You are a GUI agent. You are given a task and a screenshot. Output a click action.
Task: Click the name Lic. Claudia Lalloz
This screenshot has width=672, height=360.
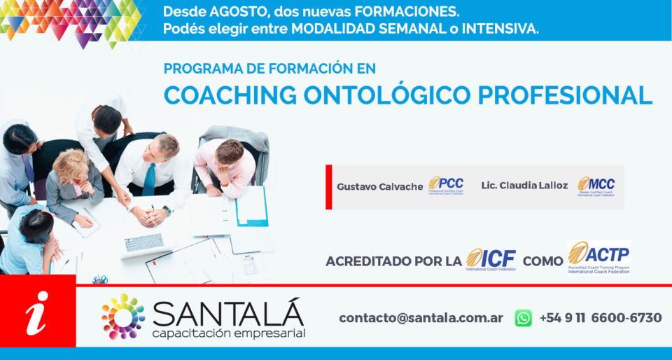524,186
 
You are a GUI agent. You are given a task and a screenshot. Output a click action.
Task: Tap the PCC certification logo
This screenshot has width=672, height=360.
446,186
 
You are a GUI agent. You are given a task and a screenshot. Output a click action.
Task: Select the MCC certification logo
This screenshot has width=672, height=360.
596,186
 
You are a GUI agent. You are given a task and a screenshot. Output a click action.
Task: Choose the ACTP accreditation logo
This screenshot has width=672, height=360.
598,257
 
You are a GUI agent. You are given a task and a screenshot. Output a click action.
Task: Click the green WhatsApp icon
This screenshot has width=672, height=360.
523,318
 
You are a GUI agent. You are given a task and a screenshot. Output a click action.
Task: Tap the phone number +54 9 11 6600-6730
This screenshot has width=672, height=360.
600,318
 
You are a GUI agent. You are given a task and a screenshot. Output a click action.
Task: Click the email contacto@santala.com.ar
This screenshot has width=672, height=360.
421,318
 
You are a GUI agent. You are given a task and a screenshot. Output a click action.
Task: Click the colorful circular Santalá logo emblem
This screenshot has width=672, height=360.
123,317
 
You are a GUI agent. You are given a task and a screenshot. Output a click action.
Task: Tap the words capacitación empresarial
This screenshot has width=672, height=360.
228,333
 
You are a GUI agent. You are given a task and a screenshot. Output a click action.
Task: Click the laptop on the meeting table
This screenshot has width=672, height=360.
144,245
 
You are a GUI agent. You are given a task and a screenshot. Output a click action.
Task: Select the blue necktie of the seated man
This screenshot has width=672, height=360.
149,179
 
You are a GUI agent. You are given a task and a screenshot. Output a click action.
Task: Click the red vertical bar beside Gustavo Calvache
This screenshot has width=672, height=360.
329,187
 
